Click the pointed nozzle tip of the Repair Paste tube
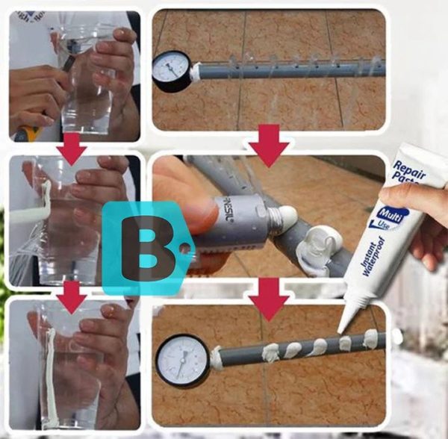[x=340, y=328]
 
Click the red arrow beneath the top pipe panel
[x=268, y=145]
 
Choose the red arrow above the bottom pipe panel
[x=268, y=300]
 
